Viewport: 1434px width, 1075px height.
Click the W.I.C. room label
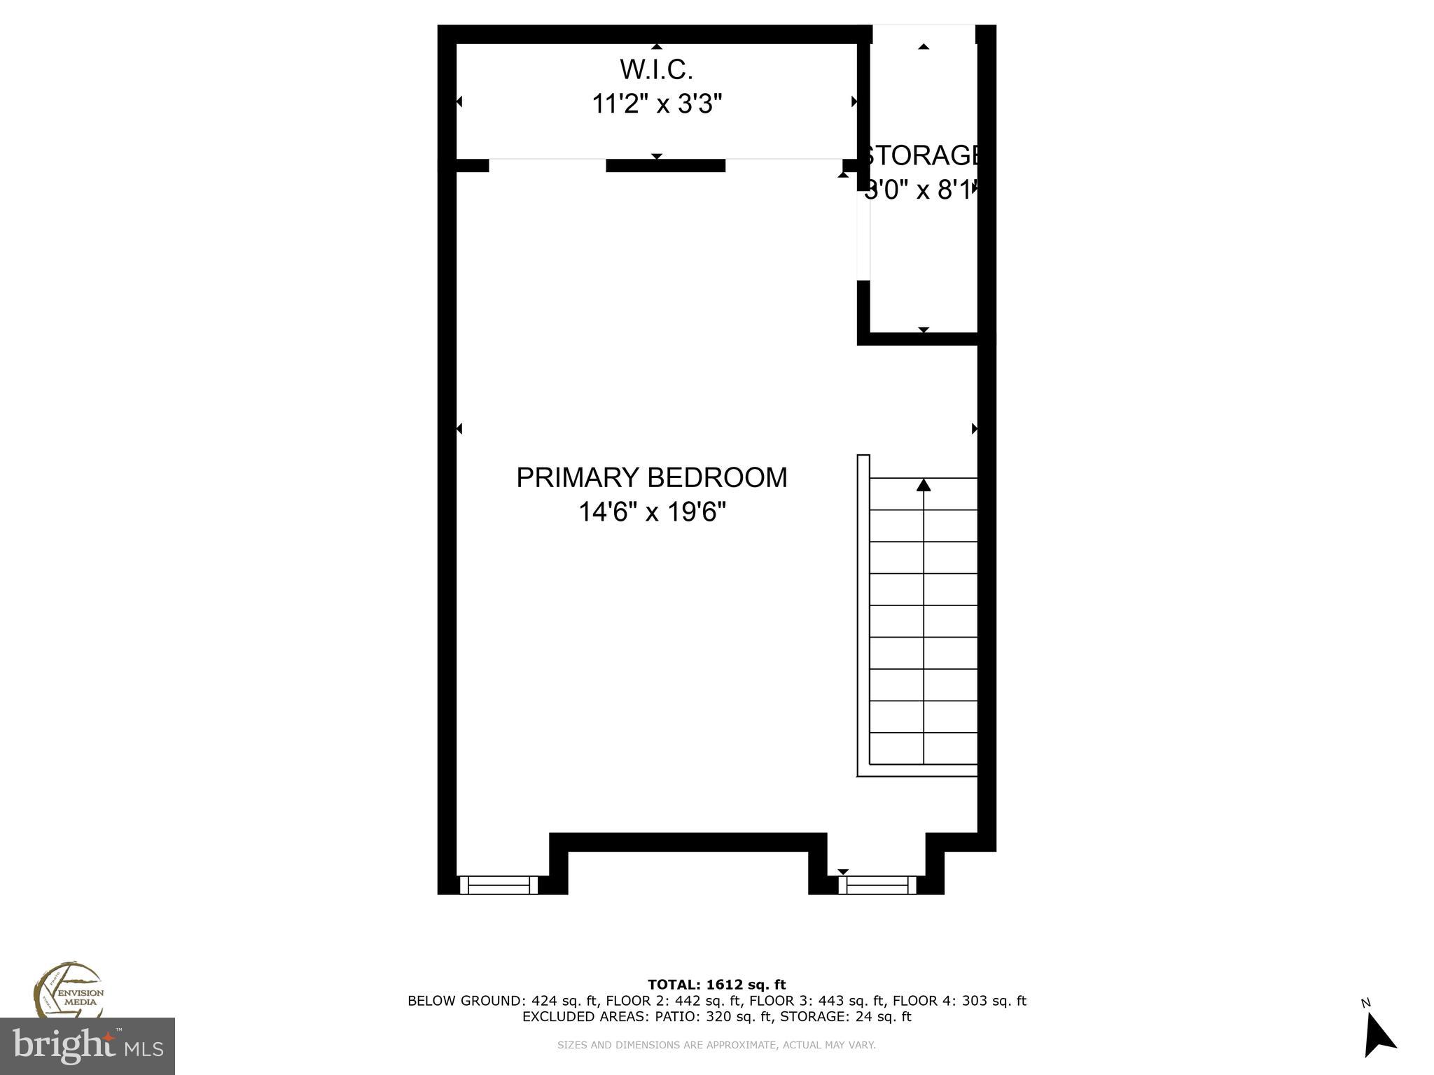coord(656,69)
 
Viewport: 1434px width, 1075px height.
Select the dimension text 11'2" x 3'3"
coord(656,104)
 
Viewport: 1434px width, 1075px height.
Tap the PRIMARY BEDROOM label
coord(651,477)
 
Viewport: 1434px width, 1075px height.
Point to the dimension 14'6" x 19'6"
coord(651,512)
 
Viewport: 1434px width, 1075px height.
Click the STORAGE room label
coord(921,155)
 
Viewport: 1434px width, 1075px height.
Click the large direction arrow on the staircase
coord(924,485)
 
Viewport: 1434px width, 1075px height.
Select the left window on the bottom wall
coord(499,885)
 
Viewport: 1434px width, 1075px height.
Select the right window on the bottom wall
coord(877,885)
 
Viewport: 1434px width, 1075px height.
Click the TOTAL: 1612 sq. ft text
coord(716,985)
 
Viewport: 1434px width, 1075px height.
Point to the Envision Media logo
coord(69,992)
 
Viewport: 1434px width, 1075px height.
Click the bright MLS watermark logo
coord(87,1046)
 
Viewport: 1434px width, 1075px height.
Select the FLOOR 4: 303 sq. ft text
coord(959,1001)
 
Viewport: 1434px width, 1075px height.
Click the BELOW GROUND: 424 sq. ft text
coord(502,1001)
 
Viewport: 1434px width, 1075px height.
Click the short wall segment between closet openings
coord(665,166)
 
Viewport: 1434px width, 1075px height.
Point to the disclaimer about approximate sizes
coord(716,1045)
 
